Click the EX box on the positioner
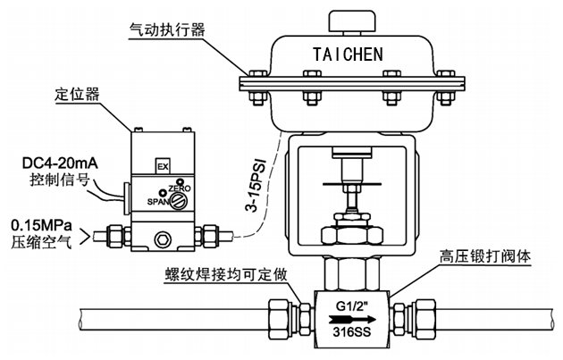(x=162, y=167)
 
